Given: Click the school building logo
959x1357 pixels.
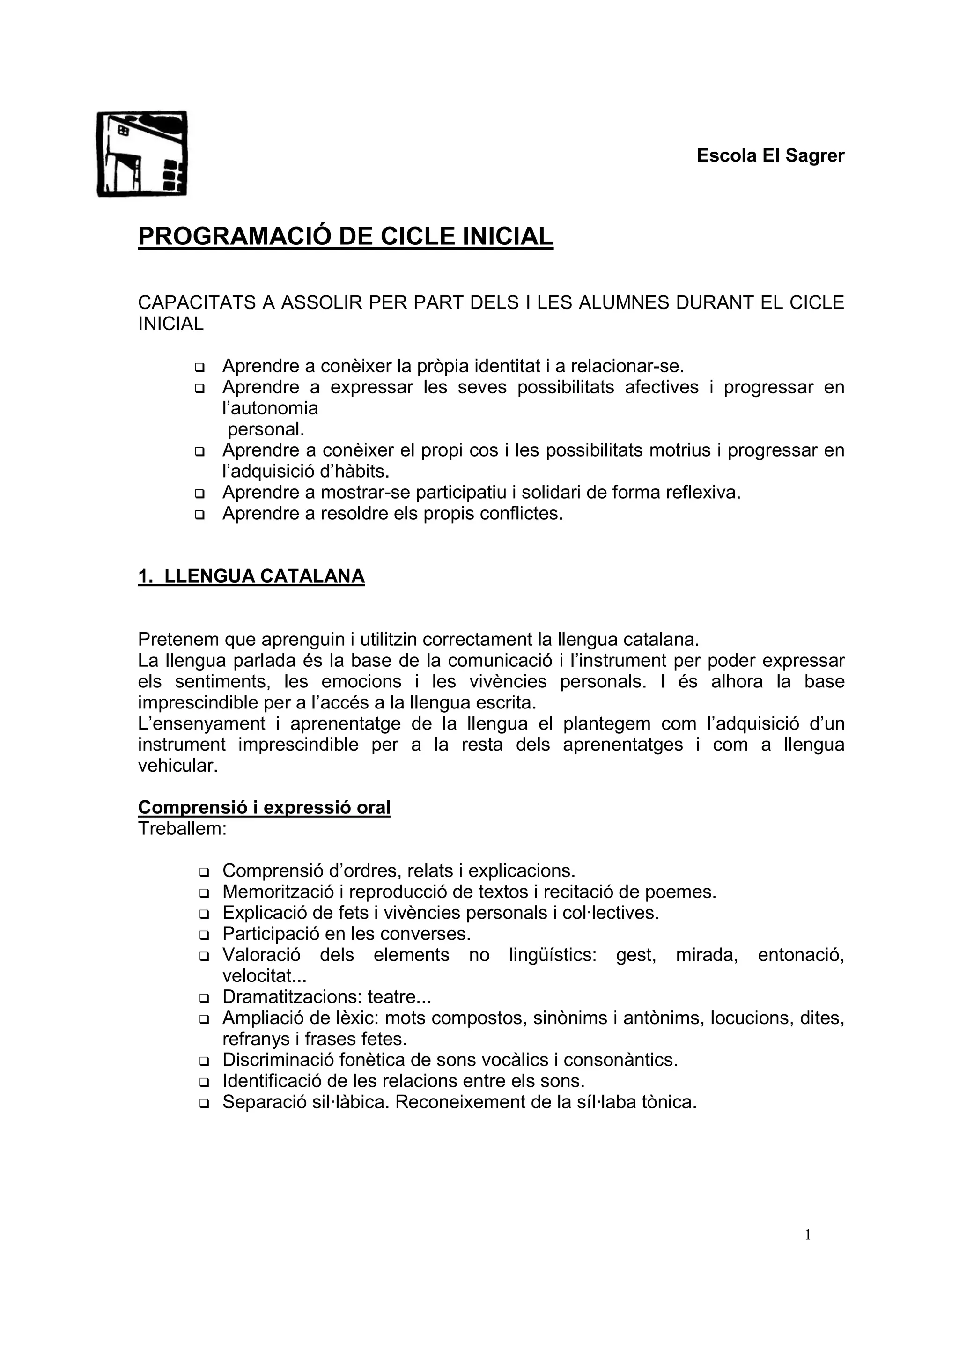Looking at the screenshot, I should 142,154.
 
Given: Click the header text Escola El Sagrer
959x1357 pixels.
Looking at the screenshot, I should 770,155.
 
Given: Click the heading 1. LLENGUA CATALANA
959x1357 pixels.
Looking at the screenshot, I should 251,576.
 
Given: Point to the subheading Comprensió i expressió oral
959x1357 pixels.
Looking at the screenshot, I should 264,807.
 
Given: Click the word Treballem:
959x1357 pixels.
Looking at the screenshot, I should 183,829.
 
